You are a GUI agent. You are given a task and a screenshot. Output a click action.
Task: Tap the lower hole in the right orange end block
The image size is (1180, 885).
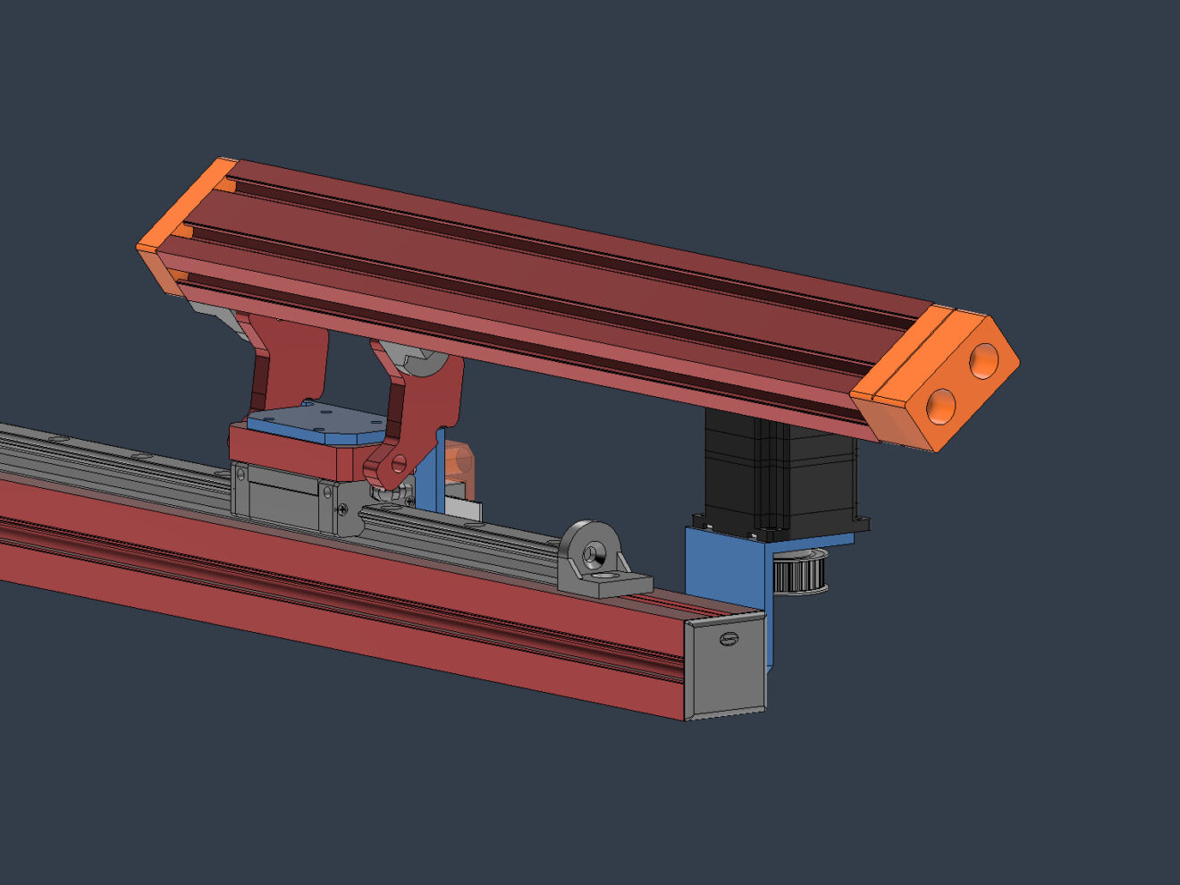941,405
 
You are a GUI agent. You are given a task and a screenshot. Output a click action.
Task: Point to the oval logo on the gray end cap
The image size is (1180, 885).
729,639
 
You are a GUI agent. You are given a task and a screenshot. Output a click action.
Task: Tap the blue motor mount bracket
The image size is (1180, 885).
724,572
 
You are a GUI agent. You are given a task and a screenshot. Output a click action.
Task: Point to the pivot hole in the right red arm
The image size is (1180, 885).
398,463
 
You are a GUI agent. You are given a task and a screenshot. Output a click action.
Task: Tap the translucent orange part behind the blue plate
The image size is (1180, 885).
459,458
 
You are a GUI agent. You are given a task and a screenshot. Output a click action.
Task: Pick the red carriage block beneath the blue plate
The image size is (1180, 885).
295,451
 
